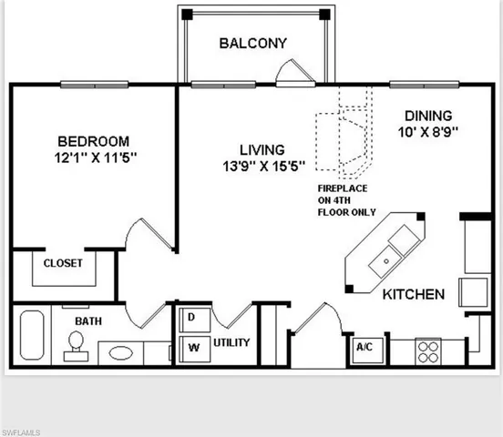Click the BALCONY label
(x=252, y=43)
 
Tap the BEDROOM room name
(x=93, y=142)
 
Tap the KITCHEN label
(x=413, y=295)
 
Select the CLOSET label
(x=61, y=263)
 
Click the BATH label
(x=87, y=321)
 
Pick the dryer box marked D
(x=193, y=318)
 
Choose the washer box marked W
(x=193, y=346)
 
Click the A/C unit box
(x=363, y=348)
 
